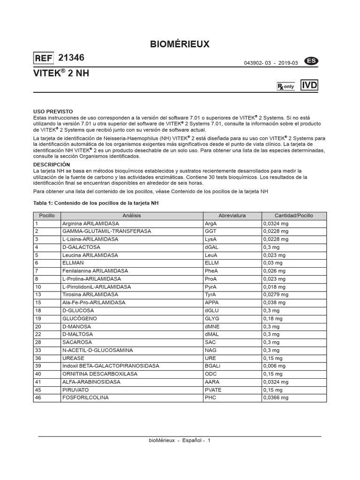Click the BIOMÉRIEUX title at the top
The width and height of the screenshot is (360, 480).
[180, 45]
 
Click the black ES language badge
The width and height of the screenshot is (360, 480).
[310, 61]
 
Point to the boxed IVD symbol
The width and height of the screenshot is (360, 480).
[309, 85]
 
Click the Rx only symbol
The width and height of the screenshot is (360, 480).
[285, 87]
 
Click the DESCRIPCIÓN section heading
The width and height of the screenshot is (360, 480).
[52, 165]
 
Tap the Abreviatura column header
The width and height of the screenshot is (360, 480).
[232, 216]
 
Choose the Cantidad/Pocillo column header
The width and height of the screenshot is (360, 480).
[293, 216]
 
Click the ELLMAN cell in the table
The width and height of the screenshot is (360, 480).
[73, 263]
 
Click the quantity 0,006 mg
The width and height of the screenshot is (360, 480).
[275, 366]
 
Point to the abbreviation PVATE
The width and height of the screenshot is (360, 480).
[213, 390]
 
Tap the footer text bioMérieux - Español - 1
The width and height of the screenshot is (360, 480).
[180, 441]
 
